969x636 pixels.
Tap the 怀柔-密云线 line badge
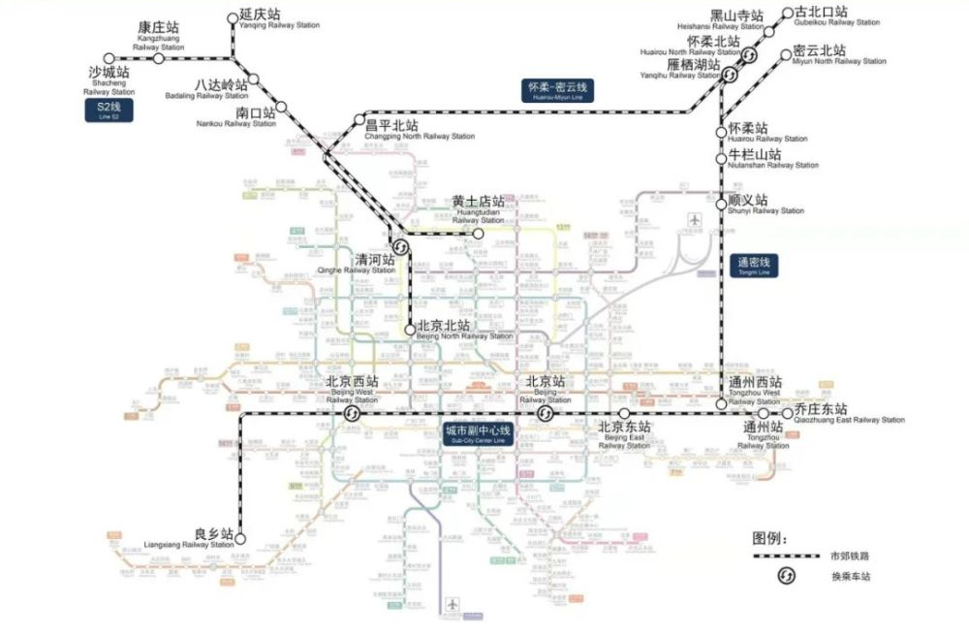click(557, 89)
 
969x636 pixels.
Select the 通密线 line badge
click(752, 265)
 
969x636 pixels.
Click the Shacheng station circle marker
click(109, 58)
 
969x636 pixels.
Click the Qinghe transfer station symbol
click(398, 244)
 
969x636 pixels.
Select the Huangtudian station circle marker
click(478, 234)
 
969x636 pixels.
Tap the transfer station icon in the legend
click(787, 578)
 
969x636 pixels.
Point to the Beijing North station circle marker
click(410, 330)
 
